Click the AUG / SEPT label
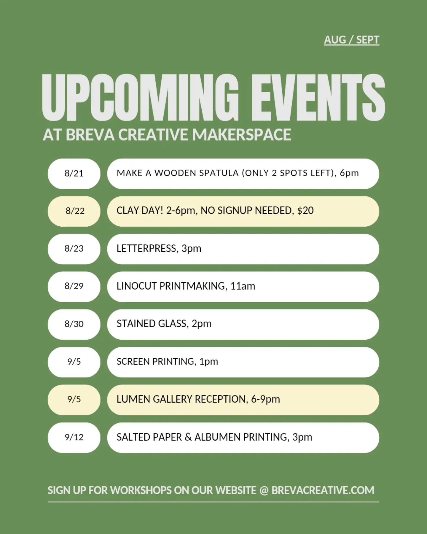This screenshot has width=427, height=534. pyautogui.click(x=351, y=40)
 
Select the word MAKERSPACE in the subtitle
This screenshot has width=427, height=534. pyautogui.click(x=242, y=135)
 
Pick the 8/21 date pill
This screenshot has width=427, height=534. pyautogui.click(x=74, y=174)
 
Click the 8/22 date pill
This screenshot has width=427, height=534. pyautogui.click(x=74, y=211)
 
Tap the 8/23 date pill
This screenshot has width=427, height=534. pyautogui.click(x=74, y=249)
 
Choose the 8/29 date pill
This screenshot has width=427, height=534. pyautogui.click(x=74, y=287)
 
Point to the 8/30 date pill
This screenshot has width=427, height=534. pyautogui.click(x=74, y=324)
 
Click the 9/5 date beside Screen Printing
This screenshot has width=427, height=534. pyautogui.click(x=74, y=362)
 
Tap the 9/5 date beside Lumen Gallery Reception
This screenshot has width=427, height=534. pyautogui.click(x=74, y=400)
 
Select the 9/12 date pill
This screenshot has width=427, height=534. pyautogui.click(x=74, y=437)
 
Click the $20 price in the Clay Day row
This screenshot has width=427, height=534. pyautogui.click(x=305, y=211)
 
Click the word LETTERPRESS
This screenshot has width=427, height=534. pyautogui.click(x=146, y=248)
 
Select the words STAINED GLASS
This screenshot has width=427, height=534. pyautogui.click(x=152, y=324)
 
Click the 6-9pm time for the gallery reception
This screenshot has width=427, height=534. pyautogui.click(x=266, y=400)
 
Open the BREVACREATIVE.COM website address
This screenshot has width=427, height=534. pyautogui.click(x=323, y=490)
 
